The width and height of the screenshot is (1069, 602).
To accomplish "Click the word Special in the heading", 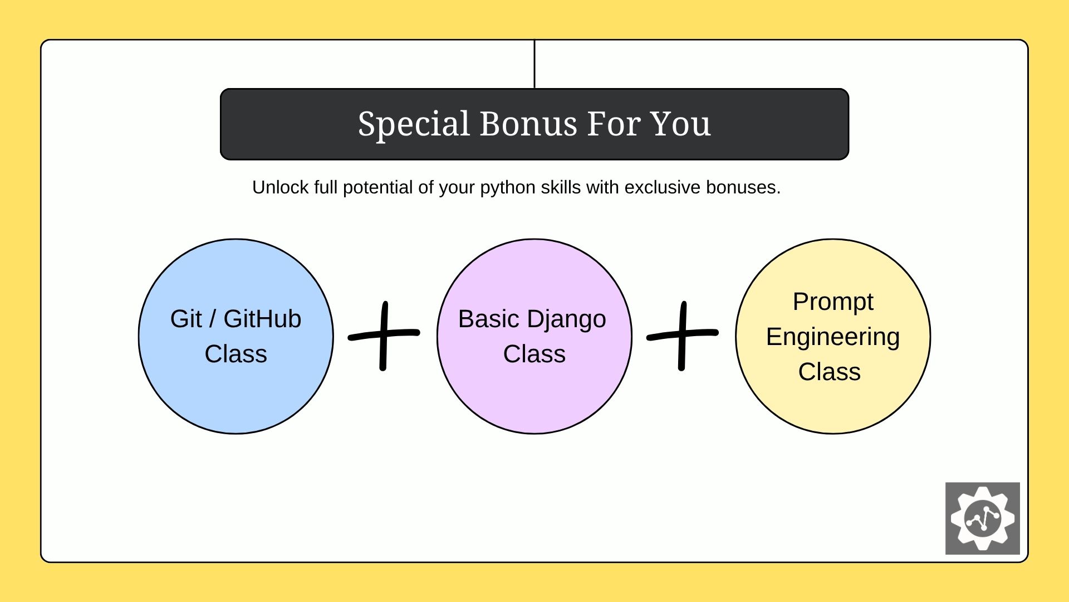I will [x=414, y=124].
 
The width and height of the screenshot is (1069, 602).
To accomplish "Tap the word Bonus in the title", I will [x=527, y=124].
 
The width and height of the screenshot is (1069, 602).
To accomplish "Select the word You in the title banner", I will [x=680, y=124].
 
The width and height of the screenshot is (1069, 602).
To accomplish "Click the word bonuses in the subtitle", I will [x=743, y=187].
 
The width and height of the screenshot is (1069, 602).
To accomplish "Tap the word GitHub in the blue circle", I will [x=262, y=319].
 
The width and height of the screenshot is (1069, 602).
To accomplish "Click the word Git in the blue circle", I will [x=186, y=319].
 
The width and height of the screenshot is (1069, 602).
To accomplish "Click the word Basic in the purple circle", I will [x=488, y=319].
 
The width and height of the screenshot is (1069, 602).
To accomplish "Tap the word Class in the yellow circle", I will [x=830, y=372].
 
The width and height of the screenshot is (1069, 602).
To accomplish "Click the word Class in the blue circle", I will [x=236, y=354].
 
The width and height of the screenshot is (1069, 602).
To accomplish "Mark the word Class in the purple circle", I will [x=534, y=354].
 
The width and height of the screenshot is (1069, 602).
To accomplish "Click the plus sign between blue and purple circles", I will [x=383, y=335].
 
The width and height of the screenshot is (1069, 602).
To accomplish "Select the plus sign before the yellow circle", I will [x=682, y=335].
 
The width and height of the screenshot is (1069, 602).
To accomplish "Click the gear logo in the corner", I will [x=982, y=518].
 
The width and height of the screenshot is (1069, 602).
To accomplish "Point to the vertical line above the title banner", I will [x=534, y=64].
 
